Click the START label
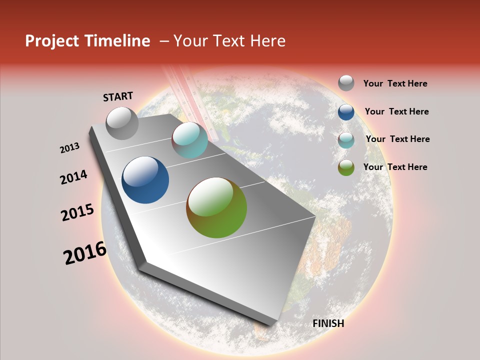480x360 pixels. pyautogui.click(x=118, y=96)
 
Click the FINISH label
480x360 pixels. pyautogui.click(x=328, y=323)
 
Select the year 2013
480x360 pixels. pyautogui.click(x=69, y=148)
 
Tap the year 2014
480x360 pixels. pyautogui.click(x=73, y=177)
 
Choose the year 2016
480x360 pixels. pyautogui.click(x=85, y=253)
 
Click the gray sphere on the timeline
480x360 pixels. pyautogui.click(x=122, y=123)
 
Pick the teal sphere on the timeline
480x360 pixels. pyautogui.click(x=189, y=140)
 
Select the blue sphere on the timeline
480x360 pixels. pyautogui.click(x=145, y=180)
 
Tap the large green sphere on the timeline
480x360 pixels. pyautogui.click(x=216, y=207)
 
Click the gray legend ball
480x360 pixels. pyautogui.click(x=346, y=83)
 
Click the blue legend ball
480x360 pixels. pyautogui.click(x=346, y=112)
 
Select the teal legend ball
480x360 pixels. pyautogui.click(x=346, y=140)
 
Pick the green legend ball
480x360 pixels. pyautogui.click(x=346, y=167)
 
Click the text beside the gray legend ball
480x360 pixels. pyautogui.click(x=395, y=84)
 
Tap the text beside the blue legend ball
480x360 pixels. pyautogui.click(x=396, y=111)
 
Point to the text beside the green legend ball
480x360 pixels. pyautogui.click(x=395, y=167)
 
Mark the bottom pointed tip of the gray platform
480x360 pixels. pyautogui.click(x=270, y=325)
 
